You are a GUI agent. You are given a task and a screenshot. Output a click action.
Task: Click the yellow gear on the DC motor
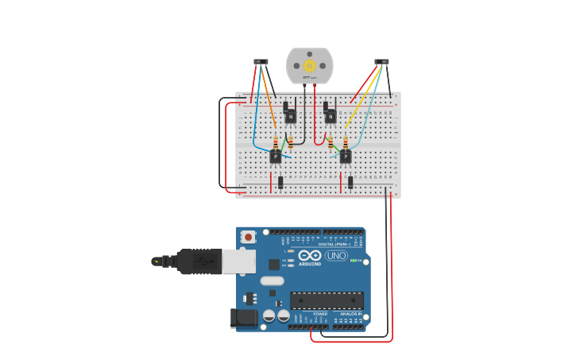pos(309,66)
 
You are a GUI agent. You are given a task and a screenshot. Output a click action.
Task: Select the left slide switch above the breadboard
pos(261,61)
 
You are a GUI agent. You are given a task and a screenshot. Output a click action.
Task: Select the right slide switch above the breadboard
pos(382,61)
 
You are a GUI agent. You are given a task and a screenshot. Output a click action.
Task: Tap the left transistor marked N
pos(291,117)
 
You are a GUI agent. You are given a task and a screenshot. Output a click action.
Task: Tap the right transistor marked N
pos(331,117)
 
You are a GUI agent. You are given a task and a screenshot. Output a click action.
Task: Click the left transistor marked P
pos(275,157)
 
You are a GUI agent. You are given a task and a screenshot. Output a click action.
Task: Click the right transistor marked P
pos(346,157)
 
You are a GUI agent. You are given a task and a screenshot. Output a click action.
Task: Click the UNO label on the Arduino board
pos(336,256)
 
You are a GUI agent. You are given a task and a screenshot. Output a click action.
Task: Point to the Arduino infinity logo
pos(309,255)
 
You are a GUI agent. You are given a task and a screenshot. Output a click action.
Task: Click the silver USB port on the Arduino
pos(238,261)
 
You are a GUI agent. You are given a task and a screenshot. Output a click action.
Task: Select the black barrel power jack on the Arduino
pos(244,318)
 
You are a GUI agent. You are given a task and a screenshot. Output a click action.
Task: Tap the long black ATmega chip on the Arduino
pos(327,300)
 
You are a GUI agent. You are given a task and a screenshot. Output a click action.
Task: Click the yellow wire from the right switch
pos(361,99)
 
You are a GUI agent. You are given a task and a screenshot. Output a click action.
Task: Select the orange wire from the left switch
pos(269,99)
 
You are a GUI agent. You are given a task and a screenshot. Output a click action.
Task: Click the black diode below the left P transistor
pos(280,182)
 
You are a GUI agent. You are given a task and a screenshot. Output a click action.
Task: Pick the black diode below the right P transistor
pos(350,182)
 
